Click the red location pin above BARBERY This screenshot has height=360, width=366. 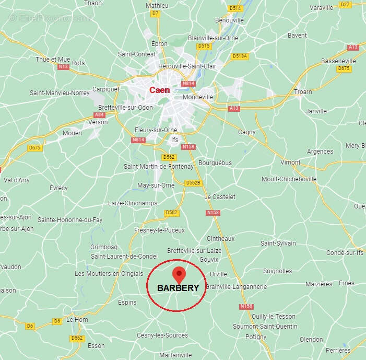pos(179,273)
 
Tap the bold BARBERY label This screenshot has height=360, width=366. pos(178,288)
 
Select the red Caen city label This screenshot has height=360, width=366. pos(160,90)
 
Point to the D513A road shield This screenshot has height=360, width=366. pos(240,56)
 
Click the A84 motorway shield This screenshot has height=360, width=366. pos(100,114)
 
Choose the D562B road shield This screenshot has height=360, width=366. pos(193,182)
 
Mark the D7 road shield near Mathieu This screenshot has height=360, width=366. pos(155,14)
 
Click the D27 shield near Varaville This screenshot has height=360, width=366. pos(345,4)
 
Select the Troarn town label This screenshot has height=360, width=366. pos(303,92)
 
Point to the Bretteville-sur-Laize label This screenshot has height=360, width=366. pos(194,251)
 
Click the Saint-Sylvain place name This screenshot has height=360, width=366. pos(278,243)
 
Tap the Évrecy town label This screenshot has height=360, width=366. pos(58,188)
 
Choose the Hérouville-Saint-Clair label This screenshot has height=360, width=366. pos(187,66)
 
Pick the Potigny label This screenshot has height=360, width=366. pos(256,337)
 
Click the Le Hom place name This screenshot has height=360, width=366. pos(77,320)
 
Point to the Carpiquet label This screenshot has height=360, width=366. pos(106,89)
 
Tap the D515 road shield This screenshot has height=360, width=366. pos(204,46)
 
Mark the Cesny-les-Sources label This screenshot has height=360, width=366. pos(162,335)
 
